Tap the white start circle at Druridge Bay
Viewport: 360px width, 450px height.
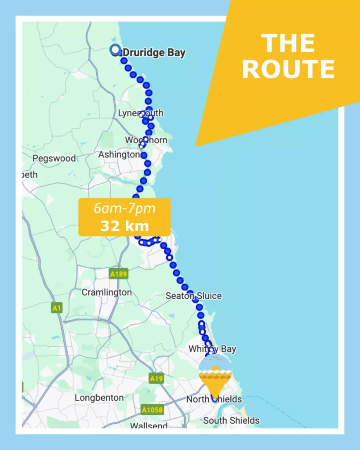(x=116, y=50)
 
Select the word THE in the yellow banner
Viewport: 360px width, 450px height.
(x=288, y=44)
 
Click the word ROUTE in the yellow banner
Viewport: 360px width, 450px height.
(x=288, y=69)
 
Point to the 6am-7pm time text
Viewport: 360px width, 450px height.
(x=124, y=209)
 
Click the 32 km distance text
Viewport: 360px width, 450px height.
(x=124, y=226)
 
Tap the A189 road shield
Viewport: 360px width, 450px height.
(x=118, y=274)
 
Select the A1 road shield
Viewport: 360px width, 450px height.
(x=56, y=308)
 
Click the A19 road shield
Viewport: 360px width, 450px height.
(x=156, y=378)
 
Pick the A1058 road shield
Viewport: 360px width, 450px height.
(x=152, y=410)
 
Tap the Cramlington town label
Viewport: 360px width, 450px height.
(x=106, y=293)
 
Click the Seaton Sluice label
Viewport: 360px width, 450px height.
(x=193, y=296)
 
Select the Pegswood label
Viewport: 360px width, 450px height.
(x=55, y=158)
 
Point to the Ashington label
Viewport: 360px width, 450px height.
(x=119, y=155)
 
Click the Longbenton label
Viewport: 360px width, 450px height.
(x=99, y=398)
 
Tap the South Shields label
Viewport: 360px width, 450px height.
(x=231, y=421)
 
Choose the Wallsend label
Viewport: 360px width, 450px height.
(x=149, y=425)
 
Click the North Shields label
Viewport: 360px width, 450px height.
(x=214, y=399)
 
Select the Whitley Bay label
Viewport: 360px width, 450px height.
(x=212, y=349)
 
